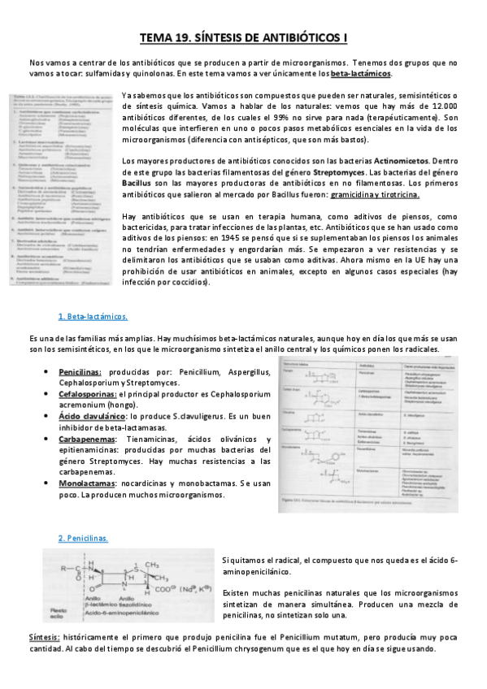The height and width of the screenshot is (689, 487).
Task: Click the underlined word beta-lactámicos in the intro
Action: pyautogui.click(x=361, y=74)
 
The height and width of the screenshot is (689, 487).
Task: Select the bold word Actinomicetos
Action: pyautogui.click(x=403, y=162)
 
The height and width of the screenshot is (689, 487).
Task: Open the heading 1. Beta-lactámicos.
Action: pyautogui.click(x=93, y=316)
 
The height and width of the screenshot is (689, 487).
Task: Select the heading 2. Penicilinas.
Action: pyautogui.click(x=84, y=539)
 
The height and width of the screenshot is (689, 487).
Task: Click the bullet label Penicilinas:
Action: pyautogui.click(x=79, y=371)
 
